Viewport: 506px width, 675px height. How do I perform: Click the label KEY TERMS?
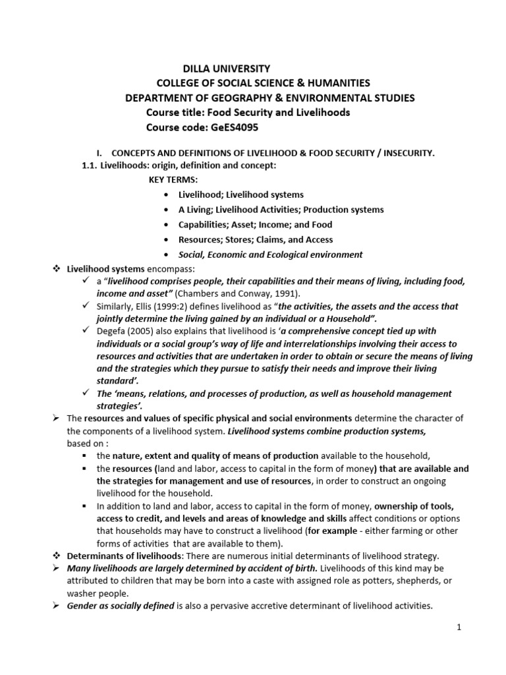[173, 179]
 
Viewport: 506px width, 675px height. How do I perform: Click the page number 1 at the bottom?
[459, 628]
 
